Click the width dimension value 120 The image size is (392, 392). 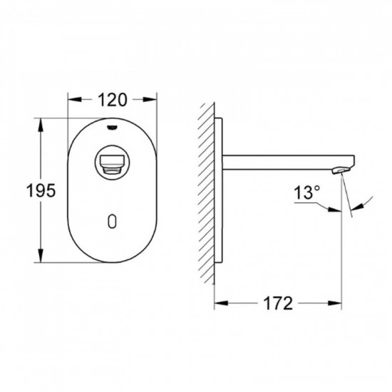coord(113,100)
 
